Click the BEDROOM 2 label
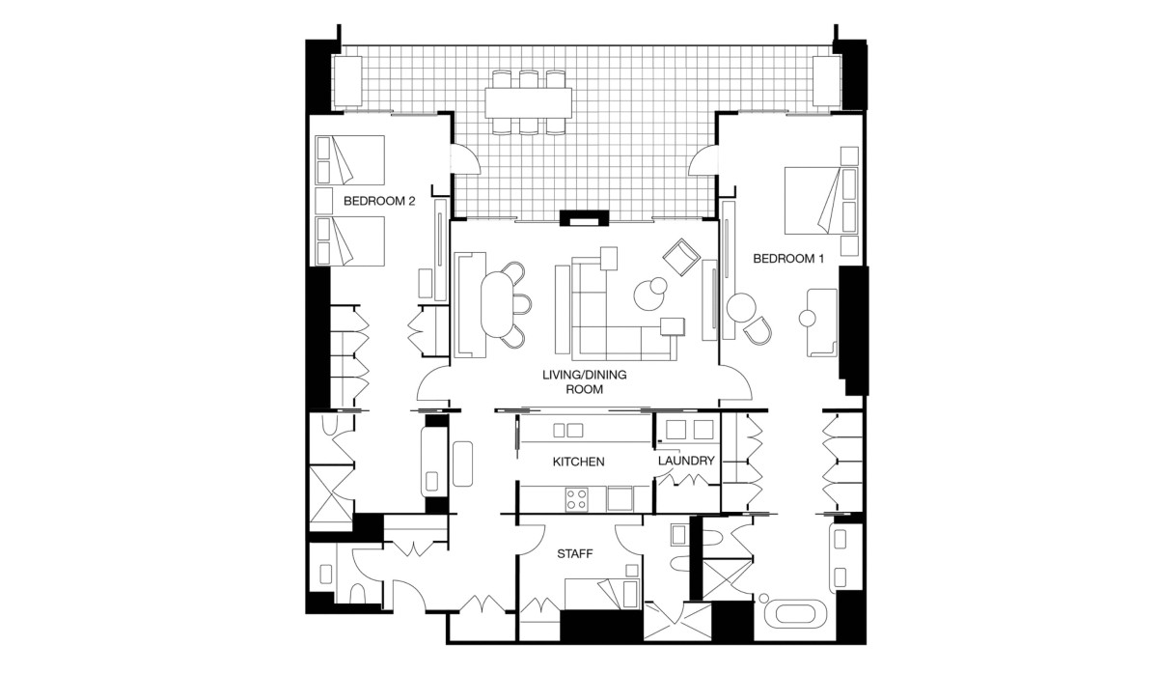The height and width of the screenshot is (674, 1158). tap(379, 201)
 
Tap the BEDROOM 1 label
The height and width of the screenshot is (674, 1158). tap(787, 258)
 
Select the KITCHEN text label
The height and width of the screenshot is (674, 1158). tap(578, 462)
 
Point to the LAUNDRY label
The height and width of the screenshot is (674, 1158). tap(686, 461)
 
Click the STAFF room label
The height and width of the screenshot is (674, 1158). tap(574, 554)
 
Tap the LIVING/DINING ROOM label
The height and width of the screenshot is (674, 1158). tap(584, 381)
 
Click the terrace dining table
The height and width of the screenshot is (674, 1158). tap(529, 103)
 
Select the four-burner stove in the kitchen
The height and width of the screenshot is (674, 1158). tap(576, 498)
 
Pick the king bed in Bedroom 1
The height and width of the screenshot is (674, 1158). tap(821, 200)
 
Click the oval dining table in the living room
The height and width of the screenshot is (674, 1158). tap(497, 305)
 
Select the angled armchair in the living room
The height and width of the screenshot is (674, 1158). tap(681, 257)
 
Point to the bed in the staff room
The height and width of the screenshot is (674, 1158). tap(603, 595)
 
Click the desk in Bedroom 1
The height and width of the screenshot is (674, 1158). tap(822, 323)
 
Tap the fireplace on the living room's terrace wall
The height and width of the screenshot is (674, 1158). tap(585, 218)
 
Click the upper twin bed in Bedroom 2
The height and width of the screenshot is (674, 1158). tap(350, 160)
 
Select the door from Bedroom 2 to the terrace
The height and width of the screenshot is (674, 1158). tap(464, 158)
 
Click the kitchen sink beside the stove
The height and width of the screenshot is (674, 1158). tap(620, 498)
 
